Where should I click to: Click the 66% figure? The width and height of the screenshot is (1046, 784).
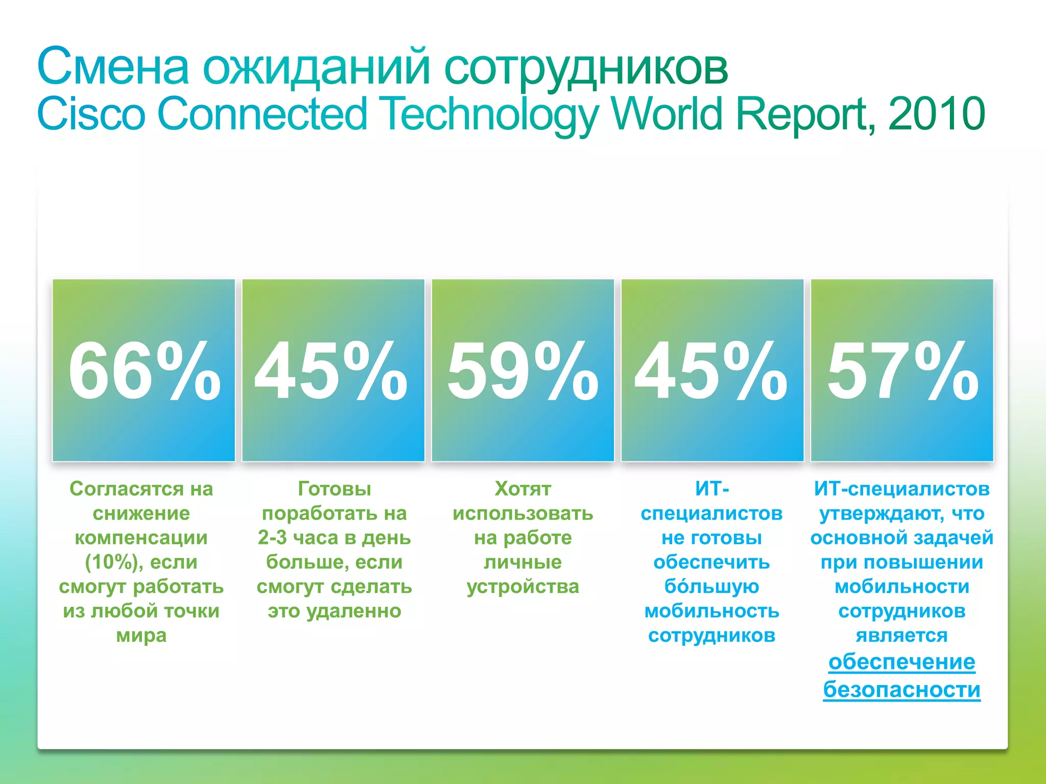coord(144,371)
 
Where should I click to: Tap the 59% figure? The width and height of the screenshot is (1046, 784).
coord(522,371)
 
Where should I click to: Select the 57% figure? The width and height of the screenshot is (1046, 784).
coord(902,371)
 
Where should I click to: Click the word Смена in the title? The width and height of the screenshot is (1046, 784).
coord(113,67)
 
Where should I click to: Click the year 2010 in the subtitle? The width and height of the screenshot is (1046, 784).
coord(936,114)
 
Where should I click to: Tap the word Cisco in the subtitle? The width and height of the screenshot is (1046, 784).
coord(91,114)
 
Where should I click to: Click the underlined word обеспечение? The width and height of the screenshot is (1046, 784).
coord(901,662)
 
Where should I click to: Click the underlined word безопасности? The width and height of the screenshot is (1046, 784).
coord(901,690)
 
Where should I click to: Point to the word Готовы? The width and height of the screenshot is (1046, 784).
coord(335,489)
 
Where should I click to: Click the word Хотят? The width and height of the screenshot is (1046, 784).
coord(522,489)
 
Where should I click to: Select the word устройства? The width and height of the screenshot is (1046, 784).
coord(522,587)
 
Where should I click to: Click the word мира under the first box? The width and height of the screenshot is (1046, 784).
coord(141,635)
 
